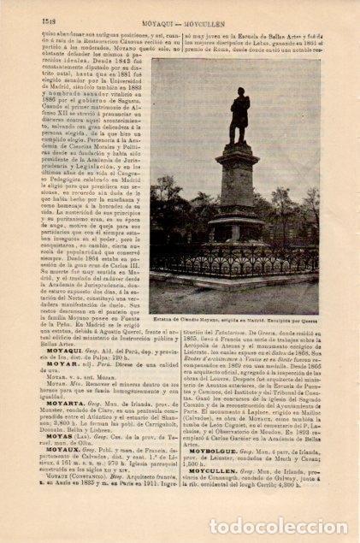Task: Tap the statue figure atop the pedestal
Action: [237, 116]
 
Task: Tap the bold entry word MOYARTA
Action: [58, 435]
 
